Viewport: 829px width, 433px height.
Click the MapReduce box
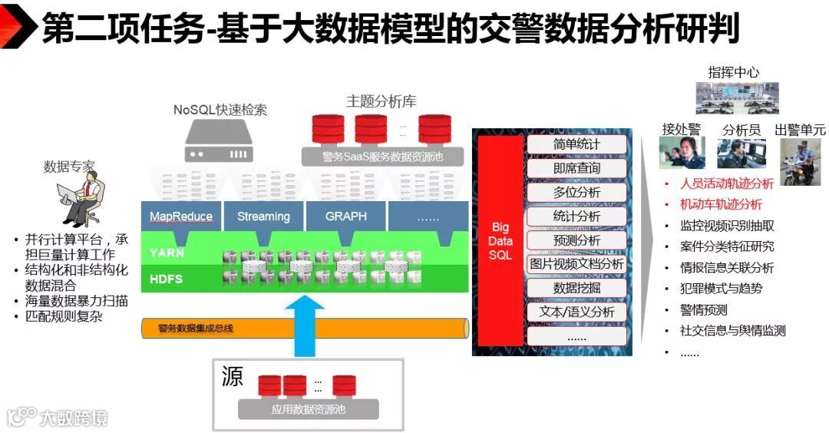pyautogui.click(x=181, y=216)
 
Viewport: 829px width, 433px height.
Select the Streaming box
pyautogui.click(x=263, y=216)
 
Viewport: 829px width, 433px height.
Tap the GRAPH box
pyautogui.click(x=345, y=216)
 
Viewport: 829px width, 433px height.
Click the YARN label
pyautogui.click(x=167, y=253)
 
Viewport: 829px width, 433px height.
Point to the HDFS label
pyautogui.click(x=167, y=279)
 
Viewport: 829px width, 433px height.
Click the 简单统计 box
pyautogui.click(x=576, y=144)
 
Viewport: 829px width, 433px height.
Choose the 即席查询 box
pyautogui.click(x=576, y=168)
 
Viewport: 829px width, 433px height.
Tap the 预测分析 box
pyautogui.click(x=576, y=240)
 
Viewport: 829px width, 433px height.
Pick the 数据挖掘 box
pyautogui.click(x=576, y=288)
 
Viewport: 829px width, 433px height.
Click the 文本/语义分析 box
pyautogui.click(x=576, y=312)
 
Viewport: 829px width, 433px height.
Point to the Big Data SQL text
pyautogui.click(x=500, y=241)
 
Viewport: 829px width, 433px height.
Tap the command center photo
pyautogui.click(x=737, y=98)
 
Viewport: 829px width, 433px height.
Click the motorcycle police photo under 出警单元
pyautogui.click(x=800, y=162)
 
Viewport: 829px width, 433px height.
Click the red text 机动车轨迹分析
pyautogui.click(x=722, y=204)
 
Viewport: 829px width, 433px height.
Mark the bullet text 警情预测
pyautogui.click(x=704, y=310)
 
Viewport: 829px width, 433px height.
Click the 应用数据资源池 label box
pyautogui.click(x=309, y=409)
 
